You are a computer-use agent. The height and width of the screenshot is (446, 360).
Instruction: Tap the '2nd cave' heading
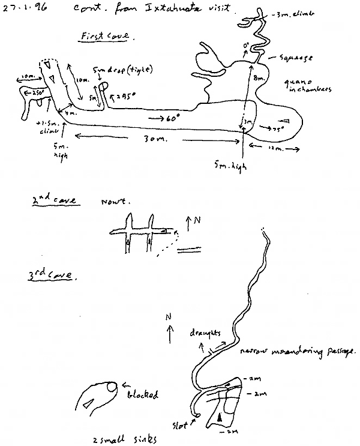tap(54, 202)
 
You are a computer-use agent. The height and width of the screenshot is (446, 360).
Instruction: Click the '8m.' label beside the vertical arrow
tap(259, 78)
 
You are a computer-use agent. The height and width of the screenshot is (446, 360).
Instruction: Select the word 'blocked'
tap(142, 395)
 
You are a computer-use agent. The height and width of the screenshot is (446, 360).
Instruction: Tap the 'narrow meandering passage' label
tap(298, 351)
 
